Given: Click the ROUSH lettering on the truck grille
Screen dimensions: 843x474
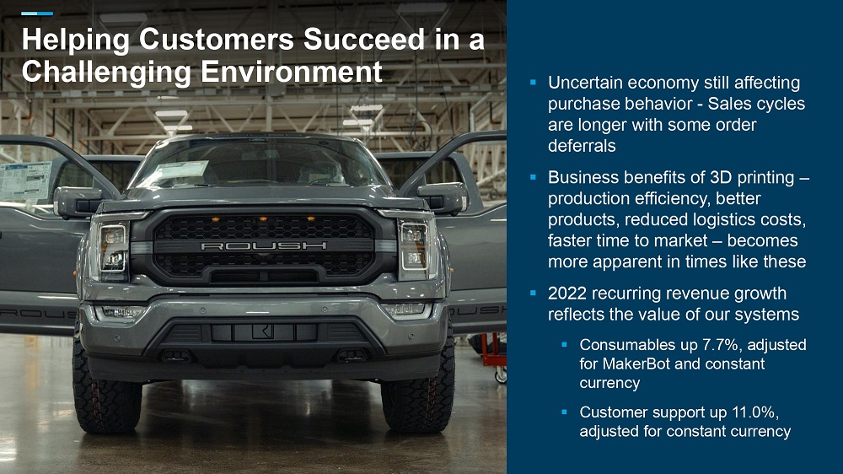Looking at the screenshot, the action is coord(263,246).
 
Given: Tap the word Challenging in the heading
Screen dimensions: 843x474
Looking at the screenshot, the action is coord(106,72).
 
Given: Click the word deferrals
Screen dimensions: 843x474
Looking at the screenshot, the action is coord(582,146).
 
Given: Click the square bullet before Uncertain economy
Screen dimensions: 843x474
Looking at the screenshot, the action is coord(534,83).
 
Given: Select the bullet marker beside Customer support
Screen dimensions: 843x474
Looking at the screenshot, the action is coord(565,412).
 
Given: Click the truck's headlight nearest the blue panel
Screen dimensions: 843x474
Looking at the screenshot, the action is coord(414,247).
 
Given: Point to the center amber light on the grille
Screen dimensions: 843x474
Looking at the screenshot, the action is coord(263,219).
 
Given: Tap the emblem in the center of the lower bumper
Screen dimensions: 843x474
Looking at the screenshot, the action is coord(263,332).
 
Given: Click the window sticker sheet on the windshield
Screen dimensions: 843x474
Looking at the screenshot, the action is coord(180,172).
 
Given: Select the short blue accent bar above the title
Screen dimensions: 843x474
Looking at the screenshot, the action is coord(37,13).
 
